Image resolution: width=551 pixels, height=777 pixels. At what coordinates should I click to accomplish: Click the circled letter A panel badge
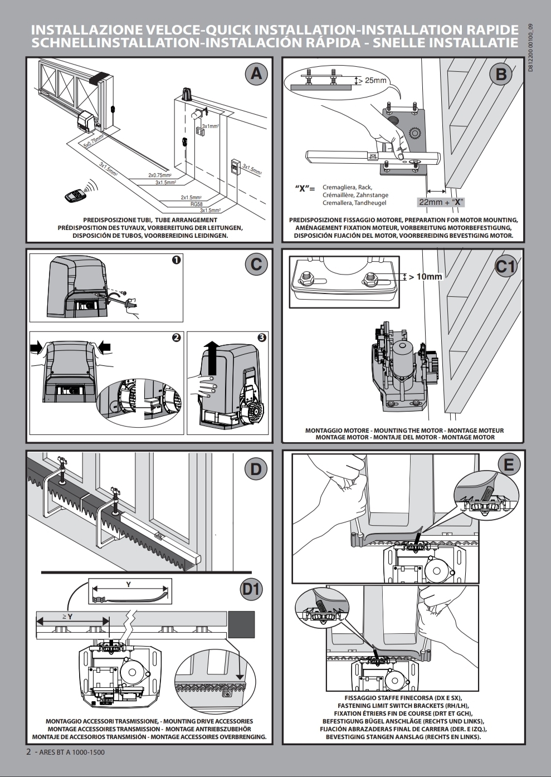coord(256,74)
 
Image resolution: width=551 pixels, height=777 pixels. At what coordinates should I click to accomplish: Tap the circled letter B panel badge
coord(501,74)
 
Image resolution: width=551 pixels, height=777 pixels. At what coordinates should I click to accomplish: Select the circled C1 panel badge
coord(506,267)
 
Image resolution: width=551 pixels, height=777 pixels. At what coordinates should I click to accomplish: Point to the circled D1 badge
coord(251,589)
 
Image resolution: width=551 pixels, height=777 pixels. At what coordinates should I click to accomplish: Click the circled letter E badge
coord(509,464)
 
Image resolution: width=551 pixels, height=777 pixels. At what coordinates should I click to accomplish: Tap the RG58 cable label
coord(196,204)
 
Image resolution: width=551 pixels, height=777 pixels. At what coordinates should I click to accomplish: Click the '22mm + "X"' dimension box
coord(441,202)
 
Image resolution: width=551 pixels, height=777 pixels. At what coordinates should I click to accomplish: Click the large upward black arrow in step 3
coord(211,360)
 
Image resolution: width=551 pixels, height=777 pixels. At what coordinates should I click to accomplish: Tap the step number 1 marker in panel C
coord(176,260)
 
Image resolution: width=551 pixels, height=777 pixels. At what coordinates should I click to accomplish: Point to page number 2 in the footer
coord(29,751)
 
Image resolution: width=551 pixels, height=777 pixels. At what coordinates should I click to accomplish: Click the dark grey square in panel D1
coord(241,624)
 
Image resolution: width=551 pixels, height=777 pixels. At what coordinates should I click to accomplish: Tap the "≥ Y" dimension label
coord(67,617)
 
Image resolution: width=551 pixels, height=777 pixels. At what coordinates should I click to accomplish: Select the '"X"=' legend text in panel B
coord(305,188)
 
